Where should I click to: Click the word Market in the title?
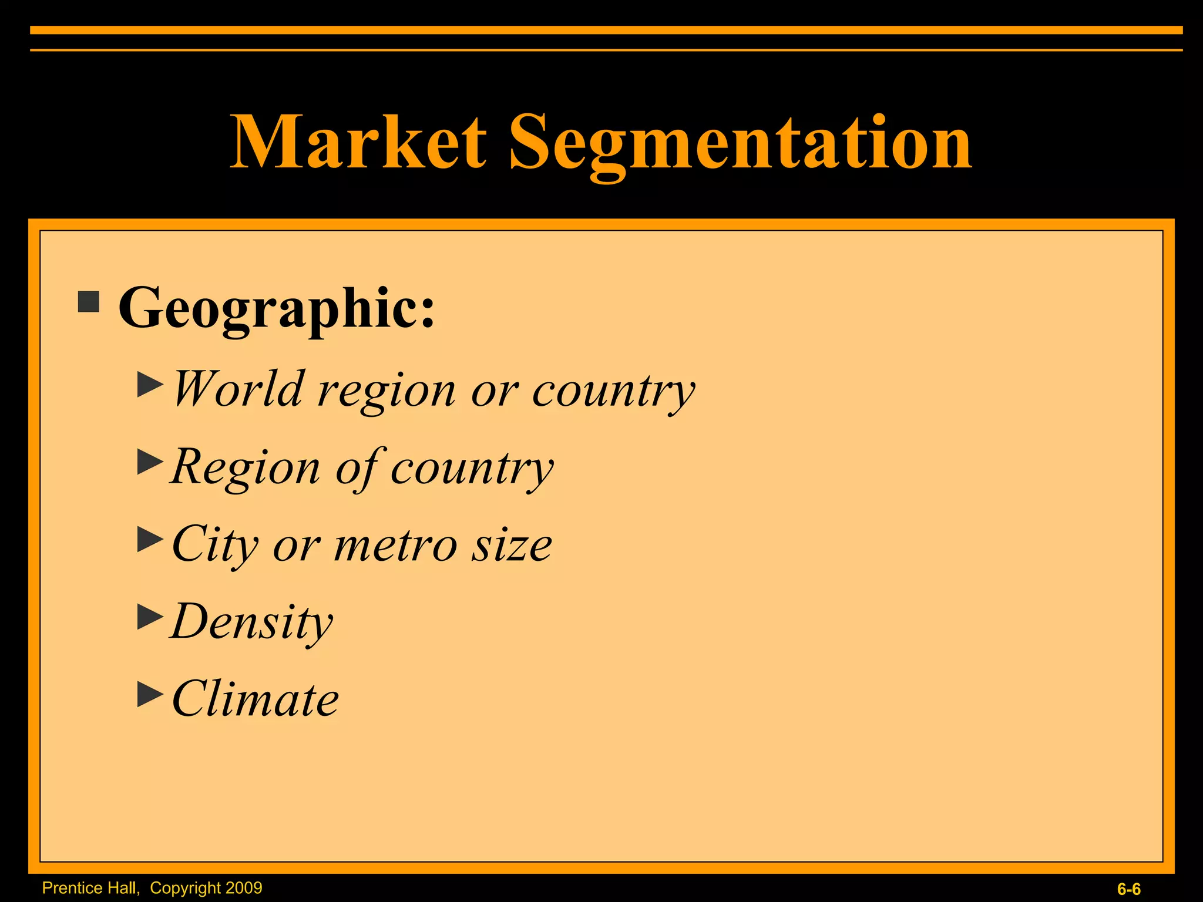(x=358, y=143)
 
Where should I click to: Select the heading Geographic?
(x=277, y=308)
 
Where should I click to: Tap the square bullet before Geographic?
(x=89, y=302)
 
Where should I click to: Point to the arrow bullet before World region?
(x=150, y=385)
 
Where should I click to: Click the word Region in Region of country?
(x=246, y=467)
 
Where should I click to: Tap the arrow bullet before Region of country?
(x=150, y=462)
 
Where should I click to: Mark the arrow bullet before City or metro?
(x=150, y=539)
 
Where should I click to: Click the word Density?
(x=252, y=622)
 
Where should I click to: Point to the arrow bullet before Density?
(x=150, y=617)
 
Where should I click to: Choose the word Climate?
(x=256, y=699)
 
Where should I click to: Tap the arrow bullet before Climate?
(x=150, y=694)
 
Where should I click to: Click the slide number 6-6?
(x=1128, y=889)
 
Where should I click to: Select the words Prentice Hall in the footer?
(x=90, y=888)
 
